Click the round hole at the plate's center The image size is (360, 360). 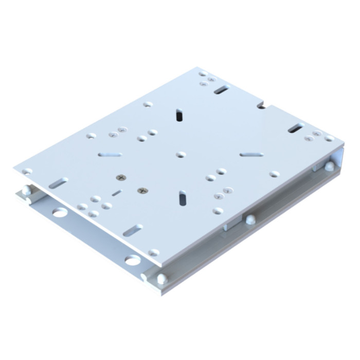point(181,154)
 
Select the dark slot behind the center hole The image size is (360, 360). point(179,115)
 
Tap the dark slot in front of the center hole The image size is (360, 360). point(183,197)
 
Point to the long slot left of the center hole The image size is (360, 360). point(110,154)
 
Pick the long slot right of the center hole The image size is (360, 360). point(251,154)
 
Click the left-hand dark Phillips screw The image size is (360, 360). point(121,177)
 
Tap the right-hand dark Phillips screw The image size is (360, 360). point(142,191)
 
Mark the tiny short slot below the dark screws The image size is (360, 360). point(117,193)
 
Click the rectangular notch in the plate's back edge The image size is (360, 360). point(262,106)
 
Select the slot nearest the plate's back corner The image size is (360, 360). point(221,90)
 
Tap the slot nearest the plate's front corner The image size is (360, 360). point(133,230)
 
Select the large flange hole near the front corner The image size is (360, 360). point(132,260)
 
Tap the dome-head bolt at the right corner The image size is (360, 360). point(329,166)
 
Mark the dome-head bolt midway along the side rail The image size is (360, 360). point(250,219)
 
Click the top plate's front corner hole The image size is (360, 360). point(153,253)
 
